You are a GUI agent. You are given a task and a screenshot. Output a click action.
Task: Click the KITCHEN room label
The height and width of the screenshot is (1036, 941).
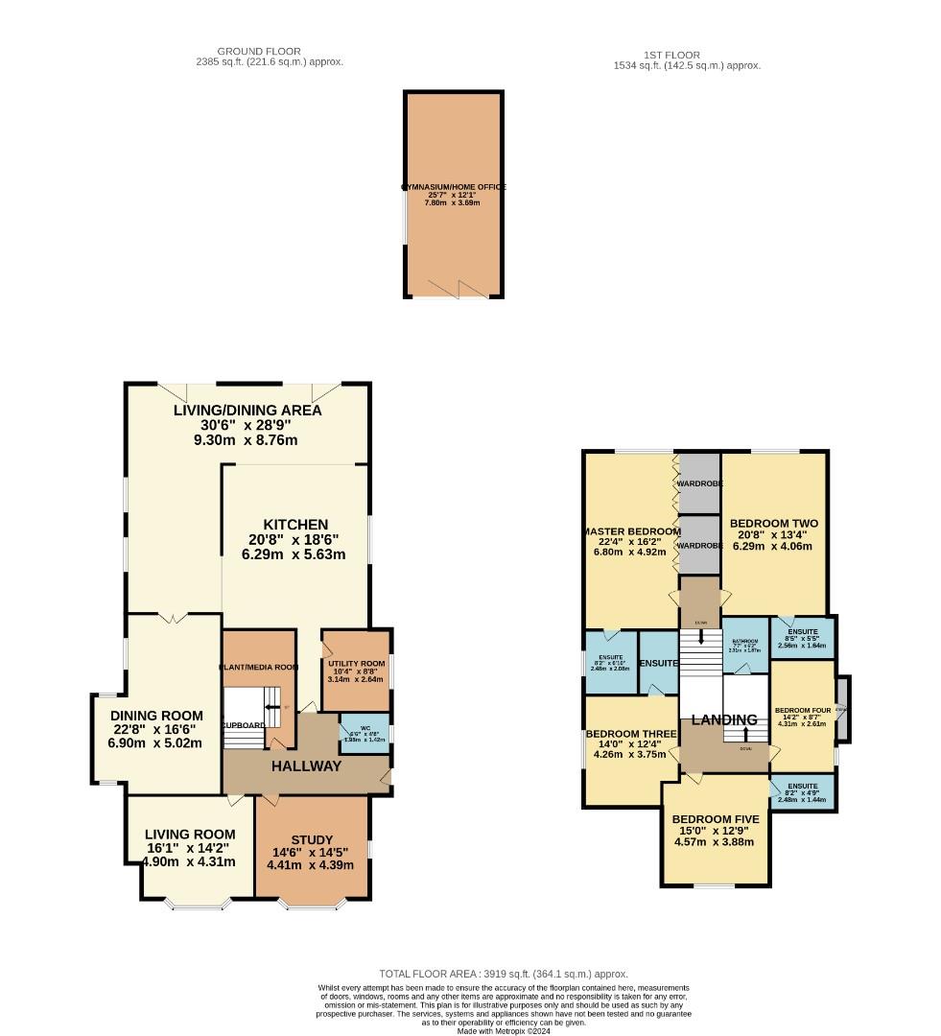click(295, 525)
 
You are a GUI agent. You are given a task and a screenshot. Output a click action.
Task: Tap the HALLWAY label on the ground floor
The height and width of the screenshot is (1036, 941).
click(306, 765)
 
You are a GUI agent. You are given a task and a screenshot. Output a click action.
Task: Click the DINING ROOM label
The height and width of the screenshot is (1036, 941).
click(156, 716)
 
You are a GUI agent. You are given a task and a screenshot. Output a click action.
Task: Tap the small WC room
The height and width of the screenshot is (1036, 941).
click(365, 734)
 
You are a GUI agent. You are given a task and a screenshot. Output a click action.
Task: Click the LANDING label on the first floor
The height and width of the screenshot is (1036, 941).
click(724, 719)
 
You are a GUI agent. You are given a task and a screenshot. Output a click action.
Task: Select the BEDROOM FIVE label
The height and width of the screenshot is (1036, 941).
click(716, 819)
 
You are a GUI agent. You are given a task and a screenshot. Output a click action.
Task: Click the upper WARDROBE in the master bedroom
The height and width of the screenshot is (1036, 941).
click(699, 483)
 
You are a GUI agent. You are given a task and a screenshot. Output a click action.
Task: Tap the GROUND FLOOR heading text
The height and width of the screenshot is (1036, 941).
click(259, 51)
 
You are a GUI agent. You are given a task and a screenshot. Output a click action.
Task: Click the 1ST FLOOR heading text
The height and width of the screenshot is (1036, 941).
click(672, 55)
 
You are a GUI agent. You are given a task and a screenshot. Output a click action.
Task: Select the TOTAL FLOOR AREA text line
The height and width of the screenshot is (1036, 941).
click(504, 973)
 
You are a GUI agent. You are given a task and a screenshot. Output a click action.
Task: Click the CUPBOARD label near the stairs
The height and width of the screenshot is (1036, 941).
click(243, 725)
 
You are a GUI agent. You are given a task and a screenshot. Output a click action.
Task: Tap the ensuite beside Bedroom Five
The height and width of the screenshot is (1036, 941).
click(802, 792)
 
